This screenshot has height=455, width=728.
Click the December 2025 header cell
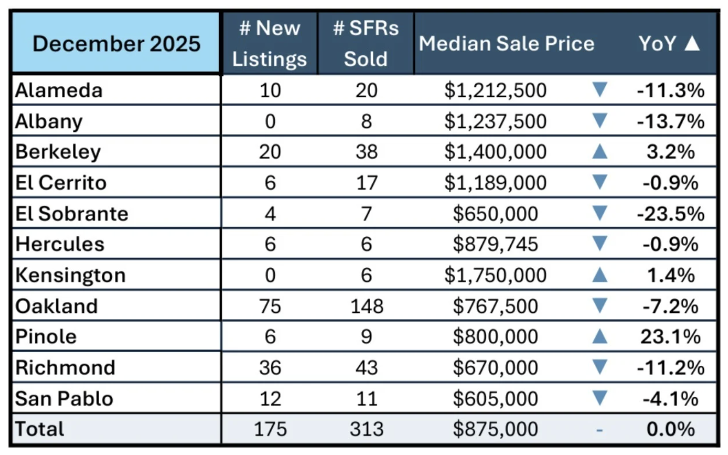pos(116,43)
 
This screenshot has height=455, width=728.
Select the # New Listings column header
pos(269,43)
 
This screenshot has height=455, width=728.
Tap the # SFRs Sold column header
pos(366,43)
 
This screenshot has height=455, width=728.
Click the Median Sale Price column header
pos(506,43)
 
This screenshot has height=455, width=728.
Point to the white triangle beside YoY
pos(692,43)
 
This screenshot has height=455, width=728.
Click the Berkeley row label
pos(58,151)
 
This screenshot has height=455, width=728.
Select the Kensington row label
pos(70,275)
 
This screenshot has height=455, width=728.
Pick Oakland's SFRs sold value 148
pos(366,306)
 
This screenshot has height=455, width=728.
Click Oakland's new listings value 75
pos(269,306)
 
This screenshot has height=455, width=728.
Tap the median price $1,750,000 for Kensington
pos(495,275)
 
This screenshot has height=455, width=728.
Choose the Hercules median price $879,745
pos(495,244)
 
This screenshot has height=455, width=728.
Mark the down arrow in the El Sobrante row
pos(600,213)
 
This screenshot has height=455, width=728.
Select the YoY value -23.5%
pos(671,213)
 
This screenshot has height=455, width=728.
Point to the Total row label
pos(39,429)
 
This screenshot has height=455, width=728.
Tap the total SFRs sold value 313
pos(366,429)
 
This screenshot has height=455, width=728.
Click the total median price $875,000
pos(495,429)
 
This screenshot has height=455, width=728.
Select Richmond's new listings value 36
pos(269,367)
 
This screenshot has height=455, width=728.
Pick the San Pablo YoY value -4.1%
pos(671,398)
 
